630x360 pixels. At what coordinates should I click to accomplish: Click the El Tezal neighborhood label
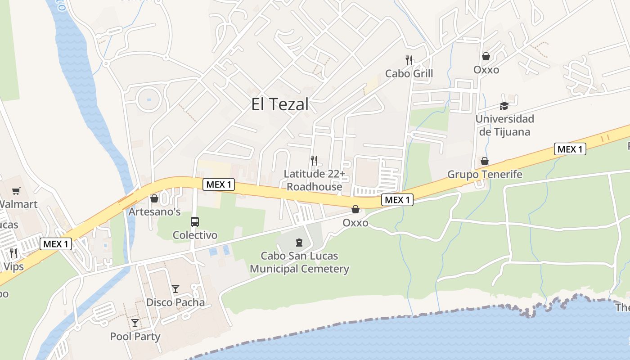(280, 104)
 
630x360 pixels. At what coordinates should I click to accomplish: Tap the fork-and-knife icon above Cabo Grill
(409, 60)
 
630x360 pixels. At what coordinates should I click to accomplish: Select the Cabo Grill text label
(409, 73)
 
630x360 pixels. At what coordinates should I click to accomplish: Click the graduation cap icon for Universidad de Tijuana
(504, 106)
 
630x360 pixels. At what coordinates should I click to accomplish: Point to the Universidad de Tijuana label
(504, 125)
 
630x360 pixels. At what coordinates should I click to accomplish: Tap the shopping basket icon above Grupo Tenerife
(485, 161)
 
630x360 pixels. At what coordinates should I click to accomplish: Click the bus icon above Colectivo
(195, 221)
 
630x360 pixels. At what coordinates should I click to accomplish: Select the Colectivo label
(195, 235)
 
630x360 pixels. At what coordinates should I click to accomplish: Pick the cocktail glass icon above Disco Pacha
(175, 289)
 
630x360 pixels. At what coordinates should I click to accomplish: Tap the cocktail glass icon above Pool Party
(135, 323)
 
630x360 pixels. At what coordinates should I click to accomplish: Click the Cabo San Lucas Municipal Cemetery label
(299, 262)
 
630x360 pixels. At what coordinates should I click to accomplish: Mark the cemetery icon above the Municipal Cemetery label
(299, 243)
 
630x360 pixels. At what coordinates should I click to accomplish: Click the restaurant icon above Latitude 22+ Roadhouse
(314, 160)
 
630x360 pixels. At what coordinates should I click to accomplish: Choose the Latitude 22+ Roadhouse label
(314, 180)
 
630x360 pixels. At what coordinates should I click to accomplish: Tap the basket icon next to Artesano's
(154, 198)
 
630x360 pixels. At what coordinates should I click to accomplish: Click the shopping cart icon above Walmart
(16, 191)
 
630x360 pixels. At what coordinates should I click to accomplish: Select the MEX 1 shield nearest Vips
(56, 244)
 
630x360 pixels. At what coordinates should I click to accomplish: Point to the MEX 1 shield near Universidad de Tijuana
(570, 149)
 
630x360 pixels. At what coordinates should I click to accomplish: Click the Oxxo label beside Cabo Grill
(486, 70)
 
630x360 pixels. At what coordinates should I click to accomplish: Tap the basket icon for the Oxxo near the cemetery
(355, 209)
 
